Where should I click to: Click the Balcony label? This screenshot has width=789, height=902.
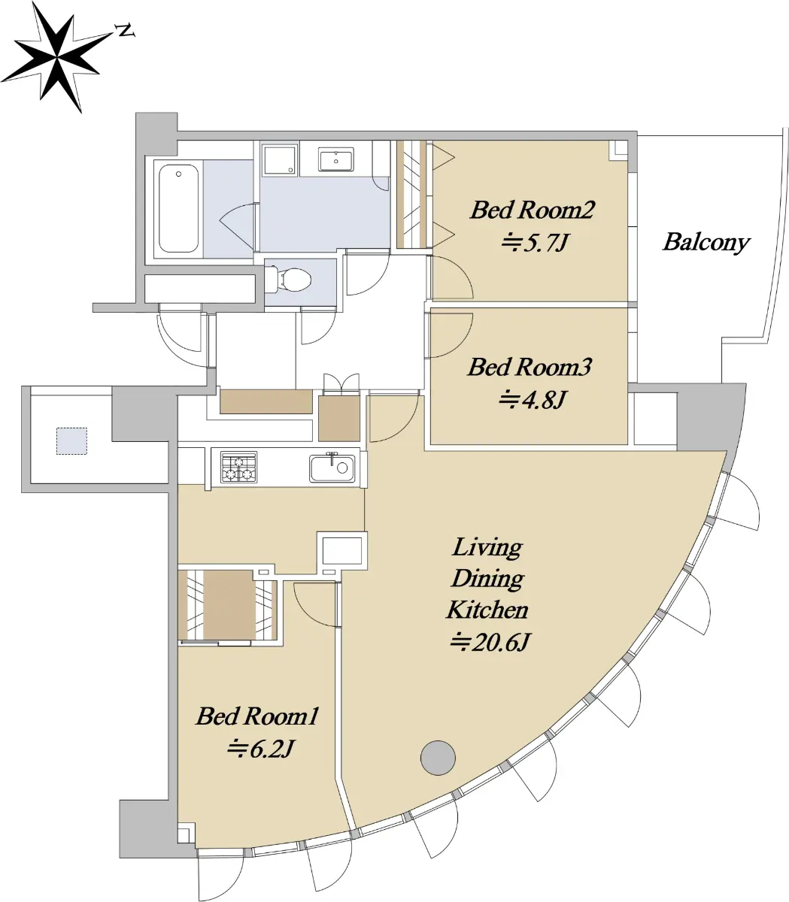tap(706, 242)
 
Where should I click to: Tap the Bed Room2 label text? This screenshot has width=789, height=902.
tap(533, 210)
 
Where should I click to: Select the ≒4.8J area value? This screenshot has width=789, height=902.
tap(533, 400)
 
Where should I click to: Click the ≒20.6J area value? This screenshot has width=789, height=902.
tap(490, 641)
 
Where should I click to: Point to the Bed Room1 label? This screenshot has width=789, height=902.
tap(257, 716)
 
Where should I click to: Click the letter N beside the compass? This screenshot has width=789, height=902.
tap(125, 31)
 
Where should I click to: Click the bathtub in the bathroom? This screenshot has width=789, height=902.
tap(178, 208)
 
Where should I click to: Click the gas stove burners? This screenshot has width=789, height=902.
tap(238, 467)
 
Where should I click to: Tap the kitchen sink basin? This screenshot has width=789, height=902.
tap(332, 468)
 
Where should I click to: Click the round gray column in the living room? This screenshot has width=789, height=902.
tap(438, 758)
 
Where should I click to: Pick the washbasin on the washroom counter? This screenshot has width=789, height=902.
tap(336, 160)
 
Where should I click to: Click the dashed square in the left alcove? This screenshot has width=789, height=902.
tap(71, 440)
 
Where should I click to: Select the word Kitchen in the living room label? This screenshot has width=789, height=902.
tap(487, 610)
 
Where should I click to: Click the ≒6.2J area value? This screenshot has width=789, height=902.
tap(260, 748)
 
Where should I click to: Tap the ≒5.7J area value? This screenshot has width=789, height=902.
tap(534, 242)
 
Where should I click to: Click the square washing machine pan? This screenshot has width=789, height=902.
tap(280, 159)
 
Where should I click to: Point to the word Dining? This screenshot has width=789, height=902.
tap(487, 579)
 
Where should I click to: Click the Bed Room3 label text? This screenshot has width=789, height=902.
tap(530, 368)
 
